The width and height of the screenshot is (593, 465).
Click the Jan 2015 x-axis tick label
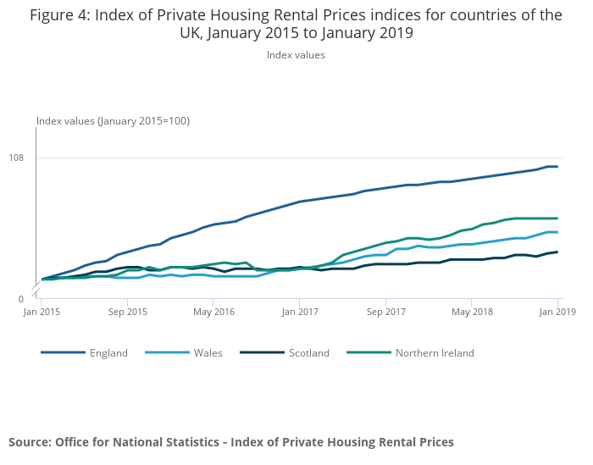coord(42,312)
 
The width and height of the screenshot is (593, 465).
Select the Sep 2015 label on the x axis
coord(128,312)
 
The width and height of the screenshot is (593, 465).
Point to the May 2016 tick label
coord(213,312)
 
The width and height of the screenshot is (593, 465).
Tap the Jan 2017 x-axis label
coord(300,312)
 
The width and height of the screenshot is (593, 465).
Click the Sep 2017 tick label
coord(385,312)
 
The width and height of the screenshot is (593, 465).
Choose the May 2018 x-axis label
coord(472,312)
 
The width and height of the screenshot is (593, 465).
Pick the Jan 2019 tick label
coord(557,312)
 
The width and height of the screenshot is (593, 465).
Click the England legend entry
coord(108,353)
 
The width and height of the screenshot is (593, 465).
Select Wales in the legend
coord(208,353)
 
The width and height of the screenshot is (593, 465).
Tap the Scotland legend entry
coord(308,353)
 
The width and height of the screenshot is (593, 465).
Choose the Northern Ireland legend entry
coord(435,353)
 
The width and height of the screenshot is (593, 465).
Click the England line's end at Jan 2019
coord(557,167)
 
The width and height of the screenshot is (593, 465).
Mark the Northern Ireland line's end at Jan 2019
coord(557,219)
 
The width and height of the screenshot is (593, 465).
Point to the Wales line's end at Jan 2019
coord(557,232)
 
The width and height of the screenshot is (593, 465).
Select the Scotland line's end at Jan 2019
coord(557,252)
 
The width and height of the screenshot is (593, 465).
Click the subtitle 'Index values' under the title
coord(296,55)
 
